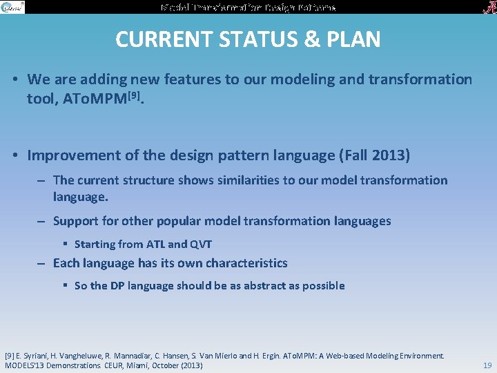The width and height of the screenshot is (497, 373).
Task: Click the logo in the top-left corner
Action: tap(12, 7)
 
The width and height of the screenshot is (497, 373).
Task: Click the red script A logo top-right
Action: tap(487, 7)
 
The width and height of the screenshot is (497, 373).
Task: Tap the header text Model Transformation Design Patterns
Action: tap(248, 7)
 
